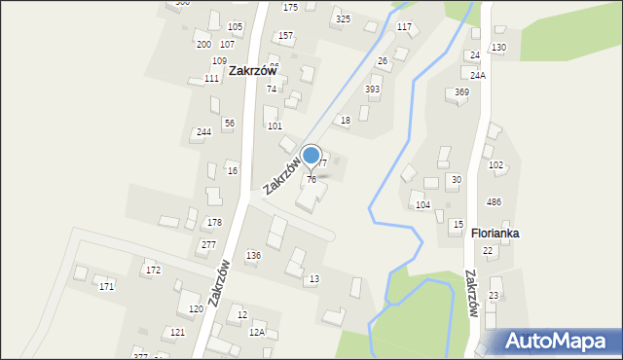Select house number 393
pos(372,90)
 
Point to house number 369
pos(461,92)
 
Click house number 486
pos(494,202)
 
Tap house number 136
pos(253,256)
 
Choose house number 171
pos(106,286)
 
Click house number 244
pos(203,131)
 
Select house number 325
pos(343,19)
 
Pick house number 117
pos(404,26)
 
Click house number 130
pos(498,48)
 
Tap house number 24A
pos(478,76)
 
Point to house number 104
pos(422,205)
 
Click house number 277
pos(208,245)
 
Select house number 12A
pos(257,332)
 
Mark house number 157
pos(285,36)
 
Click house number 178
pos(214,223)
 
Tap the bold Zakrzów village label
pos(253,71)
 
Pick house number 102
pos(495,165)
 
